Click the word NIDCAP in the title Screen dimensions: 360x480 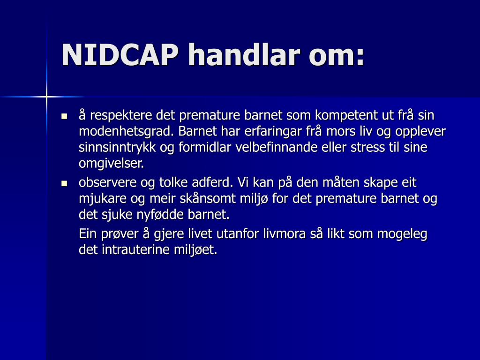(x=120, y=55)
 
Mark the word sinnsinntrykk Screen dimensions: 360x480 (x=117, y=148)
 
